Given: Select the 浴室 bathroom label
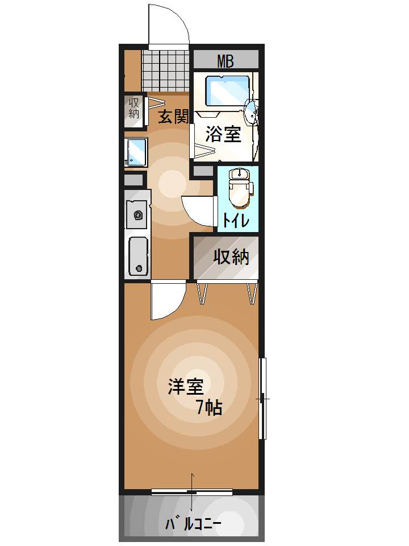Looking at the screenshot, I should click(223, 134).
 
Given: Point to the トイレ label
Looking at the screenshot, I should click(235, 220).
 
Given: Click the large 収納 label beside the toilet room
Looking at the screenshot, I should click(231, 258).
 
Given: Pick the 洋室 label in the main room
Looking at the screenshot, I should click(185, 387).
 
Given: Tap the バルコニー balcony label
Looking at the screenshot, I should click(193, 524).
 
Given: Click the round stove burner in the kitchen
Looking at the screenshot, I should click(138, 215).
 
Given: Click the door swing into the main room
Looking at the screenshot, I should click(166, 301).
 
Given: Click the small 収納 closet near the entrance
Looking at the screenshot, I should click(134, 109).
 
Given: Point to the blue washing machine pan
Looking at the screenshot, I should click(136, 151).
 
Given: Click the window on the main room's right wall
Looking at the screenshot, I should click(262, 398).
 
